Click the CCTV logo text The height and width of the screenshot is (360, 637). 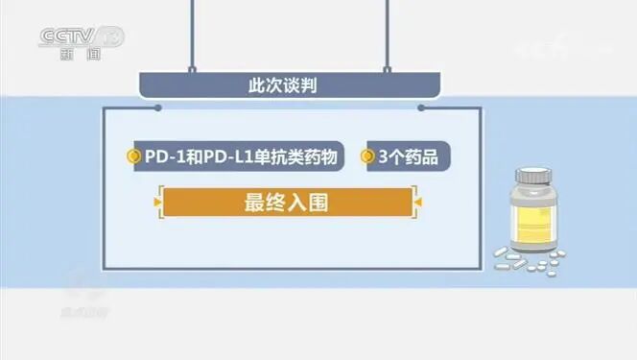click(x=68, y=36)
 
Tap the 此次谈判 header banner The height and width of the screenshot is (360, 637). click(x=290, y=85)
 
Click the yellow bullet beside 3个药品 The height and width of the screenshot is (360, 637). click(x=366, y=157)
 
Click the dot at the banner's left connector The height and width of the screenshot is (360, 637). click(x=157, y=108)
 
